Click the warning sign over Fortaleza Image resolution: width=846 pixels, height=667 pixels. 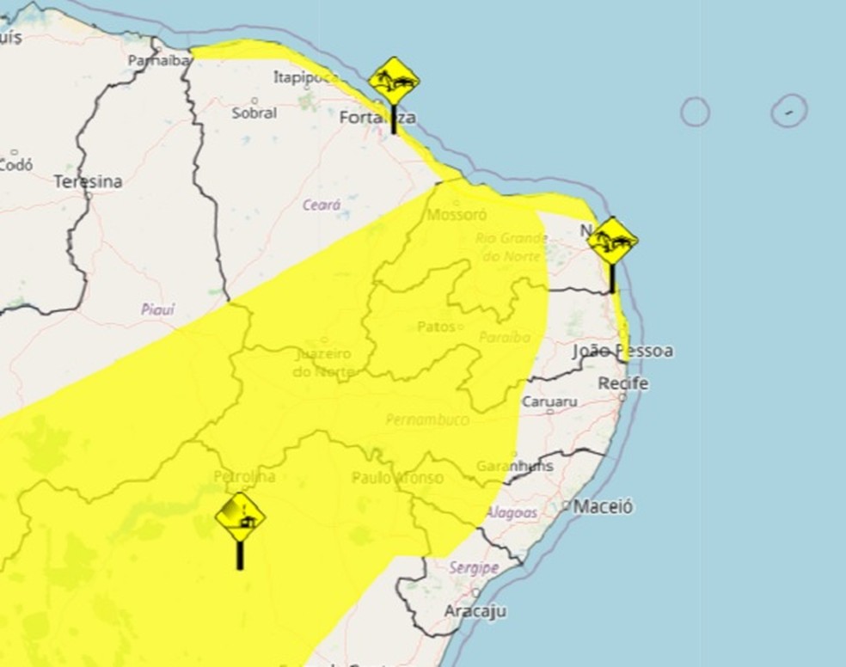(x=394, y=83)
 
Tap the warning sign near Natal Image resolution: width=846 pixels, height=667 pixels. (x=613, y=241)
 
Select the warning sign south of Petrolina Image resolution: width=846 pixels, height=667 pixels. (x=240, y=517)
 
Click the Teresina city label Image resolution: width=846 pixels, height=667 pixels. (x=88, y=182)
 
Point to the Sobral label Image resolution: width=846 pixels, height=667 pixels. (x=254, y=113)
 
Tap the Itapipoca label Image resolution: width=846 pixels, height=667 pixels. (x=305, y=77)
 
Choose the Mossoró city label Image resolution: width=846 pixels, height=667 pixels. (x=457, y=214)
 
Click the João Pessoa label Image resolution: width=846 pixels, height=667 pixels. (x=622, y=352)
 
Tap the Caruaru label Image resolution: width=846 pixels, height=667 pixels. (x=549, y=401)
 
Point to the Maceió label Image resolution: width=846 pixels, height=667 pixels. (x=603, y=506)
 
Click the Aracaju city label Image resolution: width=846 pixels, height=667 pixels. (x=475, y=611)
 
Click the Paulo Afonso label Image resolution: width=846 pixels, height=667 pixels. (x=397, y=477)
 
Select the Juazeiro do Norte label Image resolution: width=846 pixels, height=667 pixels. (x=324, y=363)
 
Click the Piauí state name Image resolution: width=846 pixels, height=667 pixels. (x=157, y=309)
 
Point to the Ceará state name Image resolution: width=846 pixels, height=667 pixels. (x=322, y=205)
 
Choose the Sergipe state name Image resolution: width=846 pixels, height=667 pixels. (x=474, y=568)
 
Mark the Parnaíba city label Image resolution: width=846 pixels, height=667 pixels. (x=157, y=61)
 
